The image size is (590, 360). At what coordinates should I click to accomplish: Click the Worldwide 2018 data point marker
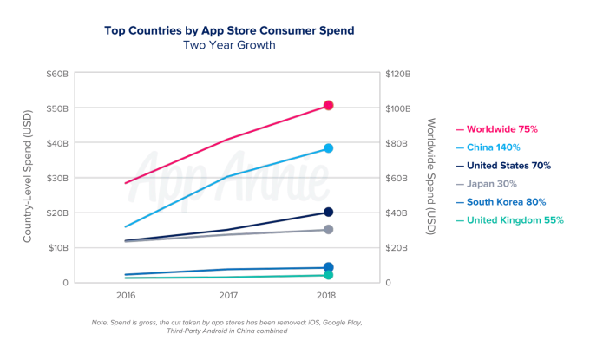click(x=329, y=106)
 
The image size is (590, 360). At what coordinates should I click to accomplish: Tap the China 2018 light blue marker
click(x=329, y=148)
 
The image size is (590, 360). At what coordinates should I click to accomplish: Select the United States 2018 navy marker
click(x=329, y=212)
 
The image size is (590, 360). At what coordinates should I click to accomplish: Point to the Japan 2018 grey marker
click(x=329, y=229)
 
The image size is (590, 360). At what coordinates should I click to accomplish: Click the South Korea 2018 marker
click(x=329, y=267)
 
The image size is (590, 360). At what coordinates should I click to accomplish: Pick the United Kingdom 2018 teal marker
click(x=329, y=275)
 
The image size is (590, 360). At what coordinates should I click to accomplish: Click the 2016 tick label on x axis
click(x=127, y=295)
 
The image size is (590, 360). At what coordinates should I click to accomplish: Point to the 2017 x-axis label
click(x=227, y=295)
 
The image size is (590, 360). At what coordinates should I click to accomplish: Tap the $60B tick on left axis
click(x=57, y=74)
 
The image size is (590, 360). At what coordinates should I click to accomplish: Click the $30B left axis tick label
click(x=57, y=178)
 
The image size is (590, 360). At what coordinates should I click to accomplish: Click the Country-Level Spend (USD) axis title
click(x=28, y=179)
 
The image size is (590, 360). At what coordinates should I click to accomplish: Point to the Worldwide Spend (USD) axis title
click(x=431, y=179)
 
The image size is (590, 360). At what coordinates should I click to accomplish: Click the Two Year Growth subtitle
click(x=229, y=45)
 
